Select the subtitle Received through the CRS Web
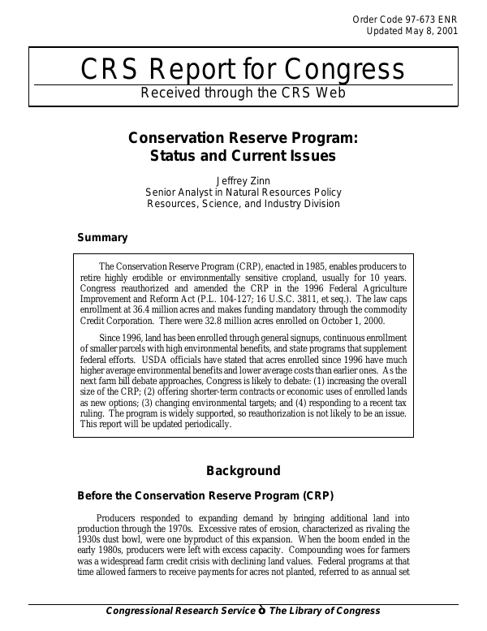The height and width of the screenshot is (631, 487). pyautogui.click(x=243, y=93)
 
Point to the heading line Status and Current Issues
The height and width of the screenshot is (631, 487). pyautogui.click(x=243, y=155)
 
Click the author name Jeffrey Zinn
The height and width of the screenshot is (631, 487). pyautogui.click(x=243, y=180)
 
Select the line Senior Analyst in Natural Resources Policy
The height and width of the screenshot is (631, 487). pyautogui.click(x=243, y=192)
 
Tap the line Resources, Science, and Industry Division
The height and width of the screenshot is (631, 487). pyautogui.click(x=243, y=204)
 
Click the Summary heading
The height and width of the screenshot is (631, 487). pyautogui.click(x=102, y=238)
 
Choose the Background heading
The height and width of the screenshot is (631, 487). pyautogui.click(x=243, y=470)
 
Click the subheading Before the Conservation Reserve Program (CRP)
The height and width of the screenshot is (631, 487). pyautogui.click(x=205, y=495)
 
